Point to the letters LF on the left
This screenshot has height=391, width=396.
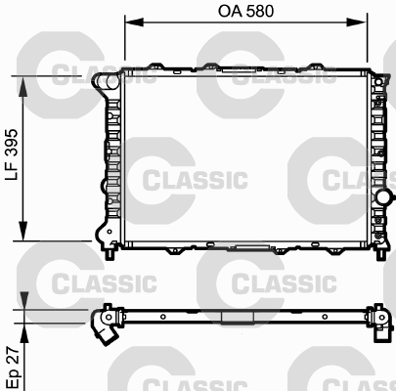point(12,182)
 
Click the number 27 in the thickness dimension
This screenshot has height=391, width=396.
point(12,354)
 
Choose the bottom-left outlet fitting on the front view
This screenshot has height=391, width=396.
point(102,233)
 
